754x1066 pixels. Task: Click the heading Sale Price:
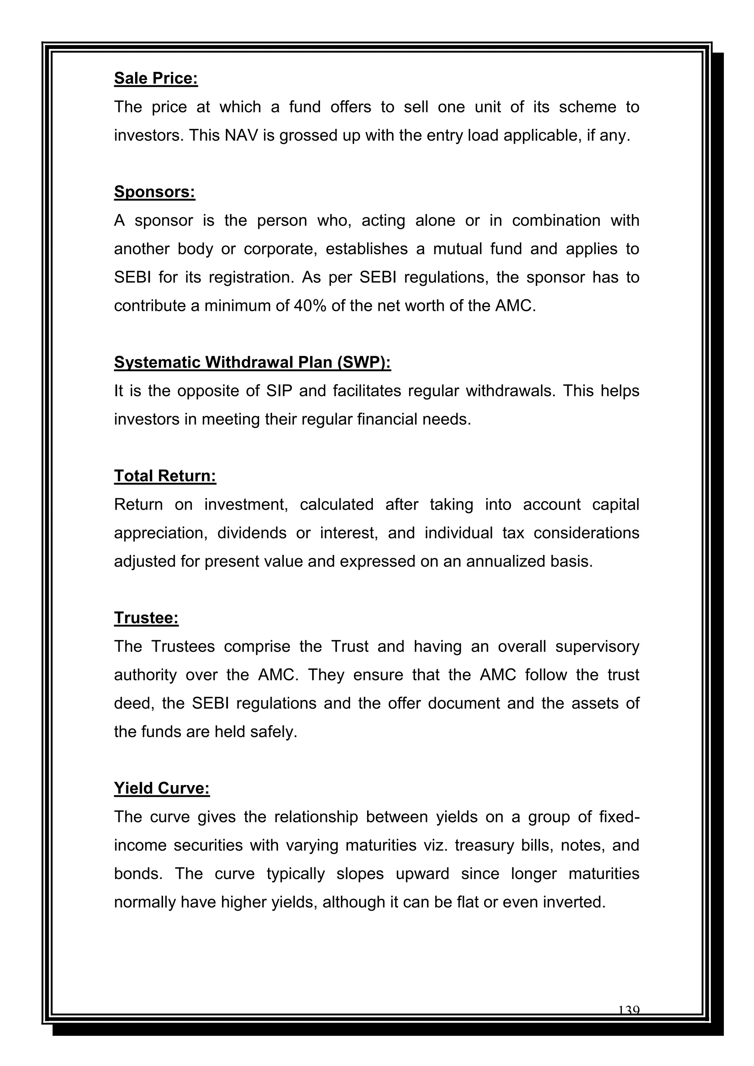tap(156, 78)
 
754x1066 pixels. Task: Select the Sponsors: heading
tap(155, 192)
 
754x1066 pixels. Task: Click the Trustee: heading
tap(146, 618)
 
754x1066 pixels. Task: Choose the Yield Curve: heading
tap(162, 788)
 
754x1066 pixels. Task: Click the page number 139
tap(629, 1010)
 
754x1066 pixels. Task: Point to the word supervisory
tap(597, 646)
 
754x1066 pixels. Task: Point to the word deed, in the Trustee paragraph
tap(134, 703)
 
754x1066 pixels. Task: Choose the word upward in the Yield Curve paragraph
tap(422, 873)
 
